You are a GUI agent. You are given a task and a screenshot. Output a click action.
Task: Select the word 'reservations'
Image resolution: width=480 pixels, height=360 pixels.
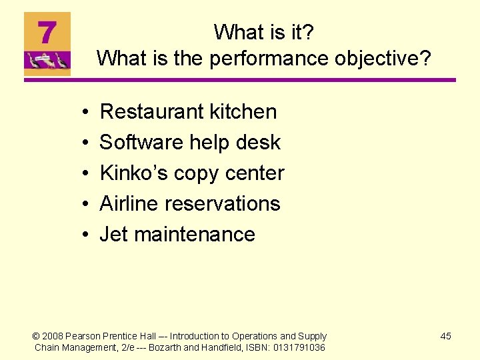(225, 203)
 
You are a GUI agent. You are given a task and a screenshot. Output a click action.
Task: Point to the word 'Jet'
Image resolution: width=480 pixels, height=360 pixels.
(113, 234)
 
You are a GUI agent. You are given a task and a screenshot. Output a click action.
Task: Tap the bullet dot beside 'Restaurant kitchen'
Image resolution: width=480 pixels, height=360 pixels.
(88, 113)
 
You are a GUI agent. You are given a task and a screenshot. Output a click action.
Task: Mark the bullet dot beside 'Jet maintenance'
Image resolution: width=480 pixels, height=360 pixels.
(88, 235)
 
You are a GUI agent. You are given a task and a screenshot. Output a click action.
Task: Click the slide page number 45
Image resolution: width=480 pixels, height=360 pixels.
(445, 336)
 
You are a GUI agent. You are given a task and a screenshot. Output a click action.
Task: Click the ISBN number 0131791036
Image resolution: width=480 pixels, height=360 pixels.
(300, 347)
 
